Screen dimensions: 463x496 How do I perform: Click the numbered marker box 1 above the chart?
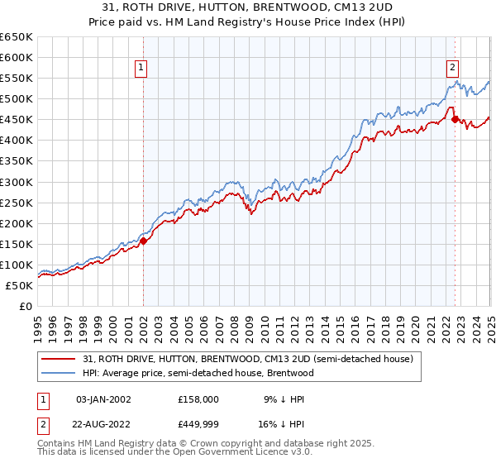142,69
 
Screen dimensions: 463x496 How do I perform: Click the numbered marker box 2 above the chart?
454,69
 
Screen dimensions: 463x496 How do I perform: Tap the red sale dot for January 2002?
143,241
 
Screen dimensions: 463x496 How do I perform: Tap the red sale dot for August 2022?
455,120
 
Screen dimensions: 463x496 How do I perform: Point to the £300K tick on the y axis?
18,182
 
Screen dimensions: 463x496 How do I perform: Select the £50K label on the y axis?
21,285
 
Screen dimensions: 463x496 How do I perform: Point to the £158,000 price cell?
198,399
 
